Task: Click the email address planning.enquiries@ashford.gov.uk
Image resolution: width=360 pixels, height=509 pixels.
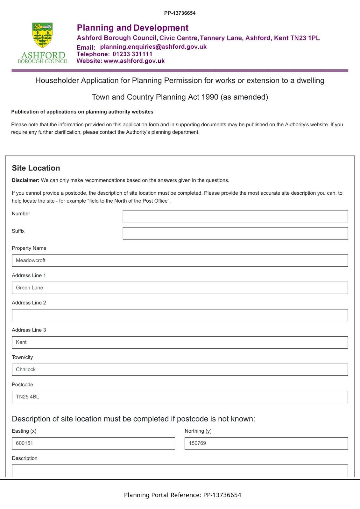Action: click(153, 47)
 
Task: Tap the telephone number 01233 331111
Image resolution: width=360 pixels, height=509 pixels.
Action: click(132, 54)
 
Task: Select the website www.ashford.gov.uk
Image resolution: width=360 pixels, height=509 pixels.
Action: click(134, 61)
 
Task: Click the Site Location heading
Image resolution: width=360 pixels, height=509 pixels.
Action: click(36, 168)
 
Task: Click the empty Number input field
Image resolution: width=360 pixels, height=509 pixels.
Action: click(235, 216)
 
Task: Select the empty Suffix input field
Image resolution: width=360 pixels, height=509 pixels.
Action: click(235, 233)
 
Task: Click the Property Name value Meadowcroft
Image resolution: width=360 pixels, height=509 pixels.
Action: click(31, 260)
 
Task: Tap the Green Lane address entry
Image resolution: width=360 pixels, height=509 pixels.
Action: click(30, 288)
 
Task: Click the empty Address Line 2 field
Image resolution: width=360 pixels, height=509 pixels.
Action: click(180, 315)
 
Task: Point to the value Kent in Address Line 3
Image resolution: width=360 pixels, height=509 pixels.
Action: click(21, 342)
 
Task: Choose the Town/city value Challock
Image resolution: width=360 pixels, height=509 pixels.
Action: click(26, 369)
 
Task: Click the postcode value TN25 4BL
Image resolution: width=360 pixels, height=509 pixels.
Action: click(27, 397)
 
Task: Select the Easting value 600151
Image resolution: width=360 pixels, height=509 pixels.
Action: click(25, 443)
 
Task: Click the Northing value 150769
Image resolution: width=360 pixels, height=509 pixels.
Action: click(197, 443)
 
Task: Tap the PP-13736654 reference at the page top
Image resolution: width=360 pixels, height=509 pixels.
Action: click(180, 13)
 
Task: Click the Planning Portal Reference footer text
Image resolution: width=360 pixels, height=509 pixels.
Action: click(182, 495)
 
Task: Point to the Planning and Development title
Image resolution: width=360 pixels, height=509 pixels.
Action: click(133, 28)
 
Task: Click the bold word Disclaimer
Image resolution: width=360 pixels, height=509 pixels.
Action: click(25, 180)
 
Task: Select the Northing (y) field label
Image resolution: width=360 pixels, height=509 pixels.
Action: click(198, 431)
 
